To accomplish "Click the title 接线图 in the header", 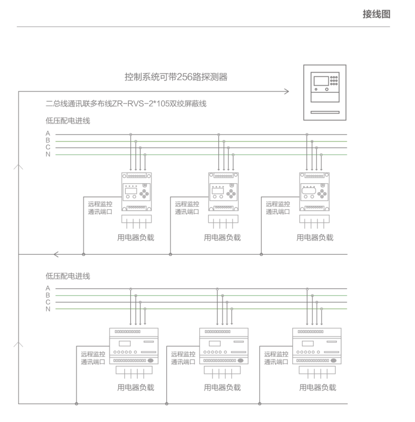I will pos(376,14).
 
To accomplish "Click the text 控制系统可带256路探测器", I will pos(176,77).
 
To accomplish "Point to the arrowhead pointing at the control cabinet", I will pos(286,92).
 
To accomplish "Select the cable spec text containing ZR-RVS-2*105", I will pos(126,104).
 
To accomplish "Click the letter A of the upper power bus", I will pos(48,133).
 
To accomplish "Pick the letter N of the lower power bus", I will pos(48,309).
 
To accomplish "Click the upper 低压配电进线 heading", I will pos(68,120).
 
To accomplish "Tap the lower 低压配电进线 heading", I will pos(68,275).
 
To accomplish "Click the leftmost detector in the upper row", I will pos(136,192).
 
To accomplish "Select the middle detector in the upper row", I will pos(223,192).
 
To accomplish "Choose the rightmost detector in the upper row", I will pos(315,192).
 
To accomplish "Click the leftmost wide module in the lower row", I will pos(134,346).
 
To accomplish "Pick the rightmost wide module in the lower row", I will pos(317,346).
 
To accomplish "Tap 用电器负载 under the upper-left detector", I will pos(136,237).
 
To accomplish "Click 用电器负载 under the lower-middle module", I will pos(222,387).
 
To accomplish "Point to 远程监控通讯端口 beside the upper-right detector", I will pos(278,208).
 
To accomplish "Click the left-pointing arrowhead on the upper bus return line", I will pos(56,255).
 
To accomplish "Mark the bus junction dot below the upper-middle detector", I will pos(170,255).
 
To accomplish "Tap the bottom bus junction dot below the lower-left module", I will pos(76,403).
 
